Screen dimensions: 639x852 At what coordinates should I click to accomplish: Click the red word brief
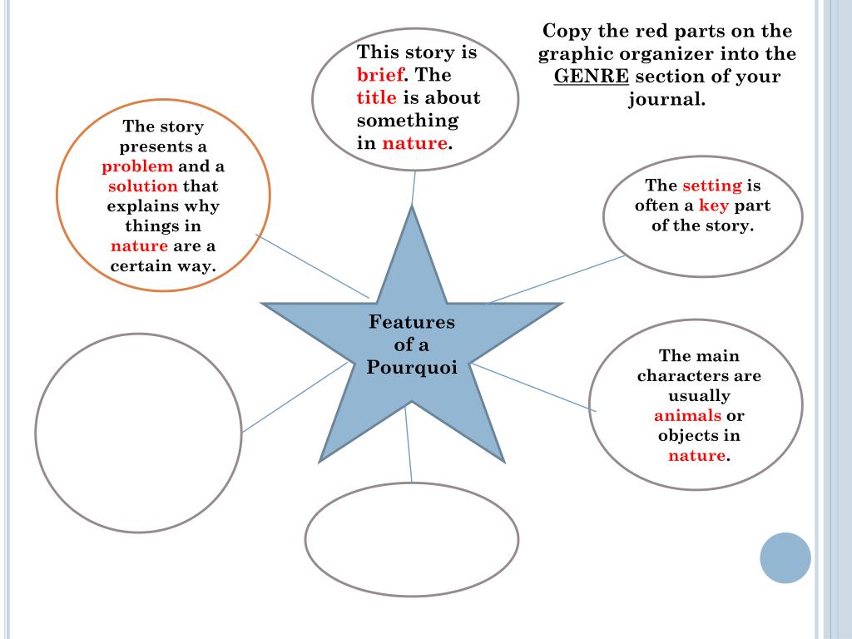(380, 75)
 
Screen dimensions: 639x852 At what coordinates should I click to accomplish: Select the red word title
(376, 97)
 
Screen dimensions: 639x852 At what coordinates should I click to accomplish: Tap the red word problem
(137, 166)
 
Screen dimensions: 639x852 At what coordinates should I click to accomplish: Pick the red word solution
(143, 186)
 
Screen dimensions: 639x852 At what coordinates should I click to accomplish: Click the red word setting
(711, 186)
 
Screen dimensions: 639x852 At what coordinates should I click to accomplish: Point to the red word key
(713, 206)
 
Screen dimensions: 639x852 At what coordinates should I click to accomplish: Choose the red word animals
(687, 416)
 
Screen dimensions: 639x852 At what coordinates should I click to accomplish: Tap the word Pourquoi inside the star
(412, 368)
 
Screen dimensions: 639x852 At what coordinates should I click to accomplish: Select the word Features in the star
(412, 322)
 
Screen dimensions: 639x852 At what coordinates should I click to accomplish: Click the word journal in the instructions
(666, 100)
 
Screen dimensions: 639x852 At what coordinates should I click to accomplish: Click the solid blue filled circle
(785, 557)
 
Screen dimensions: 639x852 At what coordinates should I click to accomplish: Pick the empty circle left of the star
(138, 433)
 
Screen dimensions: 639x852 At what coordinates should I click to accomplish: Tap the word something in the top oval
(408, 121)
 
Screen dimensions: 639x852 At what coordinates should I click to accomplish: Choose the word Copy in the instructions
(562, 32)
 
